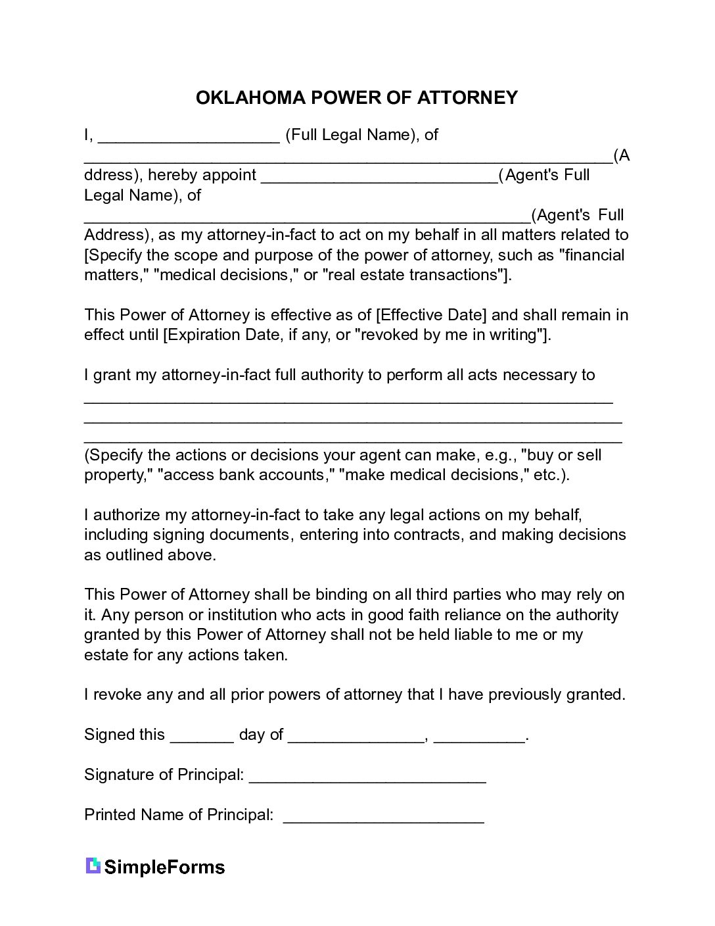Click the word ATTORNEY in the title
(467, 98)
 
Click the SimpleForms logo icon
(93, 865)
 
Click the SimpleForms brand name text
(164, 867)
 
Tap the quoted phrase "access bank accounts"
(247, 475)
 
